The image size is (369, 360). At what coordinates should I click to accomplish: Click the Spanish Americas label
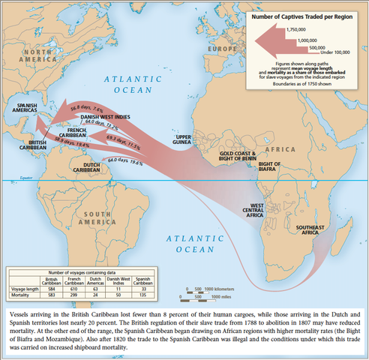[28, 109]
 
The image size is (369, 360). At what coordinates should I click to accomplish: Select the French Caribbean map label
[82, 132]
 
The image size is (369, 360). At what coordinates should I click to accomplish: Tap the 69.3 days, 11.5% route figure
[124, 139]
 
